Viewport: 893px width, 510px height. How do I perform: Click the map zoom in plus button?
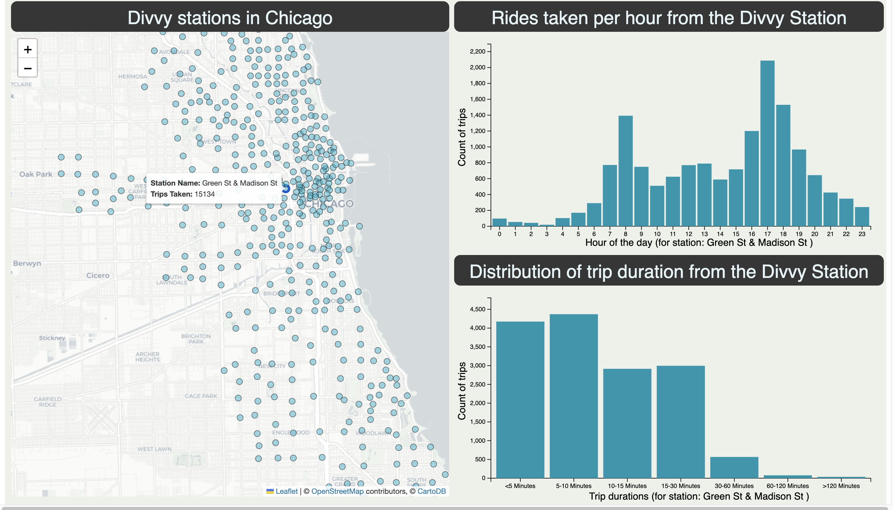28,50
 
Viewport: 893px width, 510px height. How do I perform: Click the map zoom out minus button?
28,68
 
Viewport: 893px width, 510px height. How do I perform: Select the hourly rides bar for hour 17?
767,144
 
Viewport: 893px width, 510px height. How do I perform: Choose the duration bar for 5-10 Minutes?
574,396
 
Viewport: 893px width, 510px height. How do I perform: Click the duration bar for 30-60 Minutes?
734,467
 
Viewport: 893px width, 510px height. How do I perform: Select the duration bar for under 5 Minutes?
520,399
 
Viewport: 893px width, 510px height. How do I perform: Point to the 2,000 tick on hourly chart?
477,67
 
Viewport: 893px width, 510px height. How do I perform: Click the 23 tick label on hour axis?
861,234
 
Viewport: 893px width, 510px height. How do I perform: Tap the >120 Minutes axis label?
841,486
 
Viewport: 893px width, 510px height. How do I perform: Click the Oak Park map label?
36,174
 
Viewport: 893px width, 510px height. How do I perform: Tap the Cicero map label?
97,275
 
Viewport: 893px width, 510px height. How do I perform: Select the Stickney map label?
52,338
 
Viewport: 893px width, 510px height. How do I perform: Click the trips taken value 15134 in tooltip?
205,194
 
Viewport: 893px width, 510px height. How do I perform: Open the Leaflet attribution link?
286,491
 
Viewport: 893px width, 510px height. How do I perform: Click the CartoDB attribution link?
431,491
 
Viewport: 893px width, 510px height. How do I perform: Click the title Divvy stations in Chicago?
230,17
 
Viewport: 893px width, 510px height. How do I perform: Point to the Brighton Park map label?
196,339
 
